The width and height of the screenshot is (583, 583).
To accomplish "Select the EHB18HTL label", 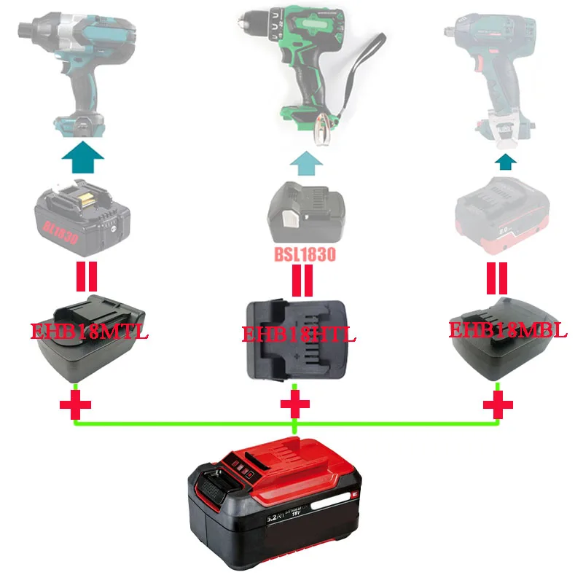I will click(300, 336).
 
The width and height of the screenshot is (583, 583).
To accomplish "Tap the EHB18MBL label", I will click(508, 329).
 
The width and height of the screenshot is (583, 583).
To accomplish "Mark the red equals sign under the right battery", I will click(498, 278).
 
